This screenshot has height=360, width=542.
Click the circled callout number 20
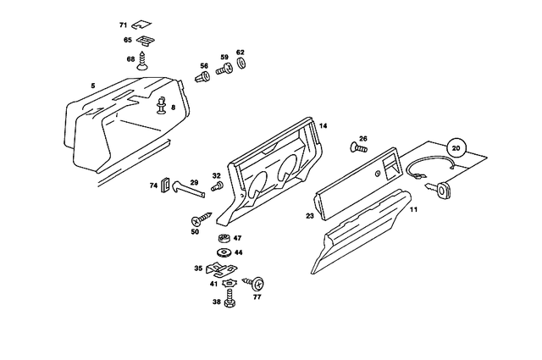click(456, 147)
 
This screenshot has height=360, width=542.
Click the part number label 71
click(124, 25)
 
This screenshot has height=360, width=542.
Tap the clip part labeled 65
click(147, 40)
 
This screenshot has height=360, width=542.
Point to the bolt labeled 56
click(203, 78)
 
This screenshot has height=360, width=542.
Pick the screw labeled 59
click(225, 71)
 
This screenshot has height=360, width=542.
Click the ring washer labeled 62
click(241, 64)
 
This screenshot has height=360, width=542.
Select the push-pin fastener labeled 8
click(160, 107)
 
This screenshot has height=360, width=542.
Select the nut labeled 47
click(225, 238)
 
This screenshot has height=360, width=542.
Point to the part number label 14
click(322, 125)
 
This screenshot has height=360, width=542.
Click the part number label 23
click(309, 217)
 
